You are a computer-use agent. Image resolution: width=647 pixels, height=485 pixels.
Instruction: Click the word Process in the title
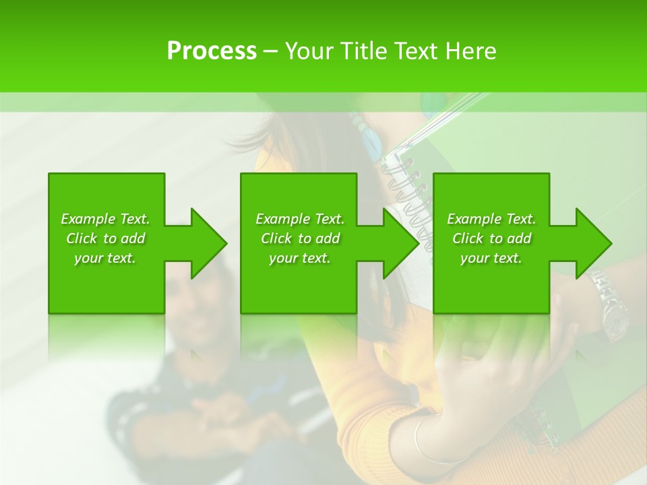(x=212, y=51)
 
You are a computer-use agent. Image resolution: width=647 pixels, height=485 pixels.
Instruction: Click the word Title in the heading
(x=362, y=51)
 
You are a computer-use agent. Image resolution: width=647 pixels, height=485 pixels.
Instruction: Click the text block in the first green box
(x=106, y=238)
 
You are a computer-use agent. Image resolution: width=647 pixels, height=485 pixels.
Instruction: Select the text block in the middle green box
(x=300, y=238)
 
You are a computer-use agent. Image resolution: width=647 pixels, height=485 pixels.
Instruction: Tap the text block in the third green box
(x=491, y=238)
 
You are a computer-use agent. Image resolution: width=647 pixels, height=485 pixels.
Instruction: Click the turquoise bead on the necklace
(x=370, y=141)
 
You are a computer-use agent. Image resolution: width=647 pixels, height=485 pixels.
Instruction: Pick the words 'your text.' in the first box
(x=106, y=258)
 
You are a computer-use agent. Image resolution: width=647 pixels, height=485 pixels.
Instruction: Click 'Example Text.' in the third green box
(x=491, y=219)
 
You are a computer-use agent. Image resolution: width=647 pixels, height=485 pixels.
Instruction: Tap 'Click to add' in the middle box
(x=300, y=238)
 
